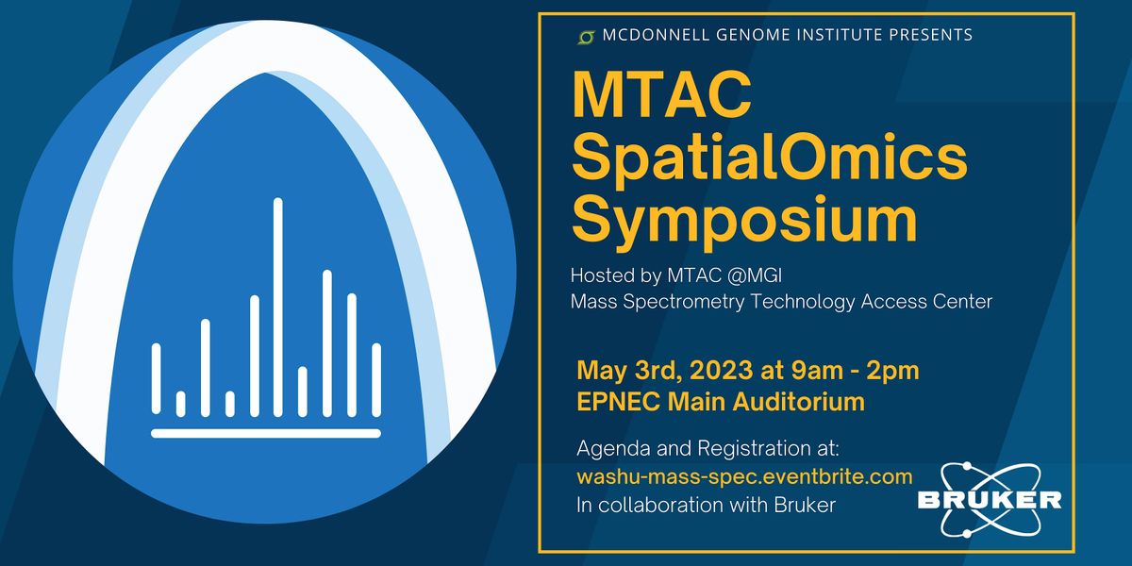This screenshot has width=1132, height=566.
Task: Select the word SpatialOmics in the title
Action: (770, 159)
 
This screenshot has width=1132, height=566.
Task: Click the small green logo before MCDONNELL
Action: (586, 37)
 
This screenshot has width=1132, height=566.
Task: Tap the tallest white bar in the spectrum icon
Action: (278, 308)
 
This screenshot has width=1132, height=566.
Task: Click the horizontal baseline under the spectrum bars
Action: (266, 434)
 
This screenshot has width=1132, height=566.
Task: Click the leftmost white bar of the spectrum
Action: (157, 380)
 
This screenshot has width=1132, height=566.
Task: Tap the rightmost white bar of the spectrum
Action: (376, 380)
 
